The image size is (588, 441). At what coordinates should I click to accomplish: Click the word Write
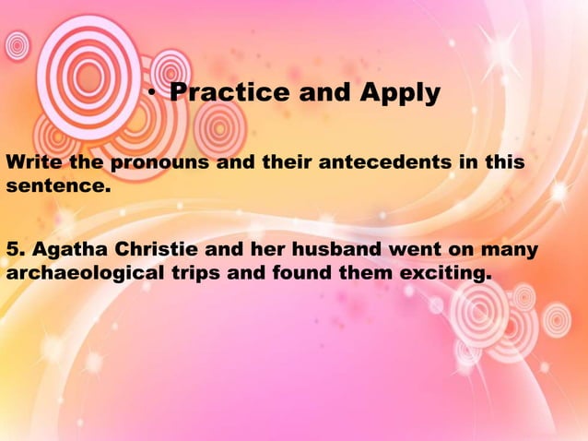pyautogui.click(x=30, y=163)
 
